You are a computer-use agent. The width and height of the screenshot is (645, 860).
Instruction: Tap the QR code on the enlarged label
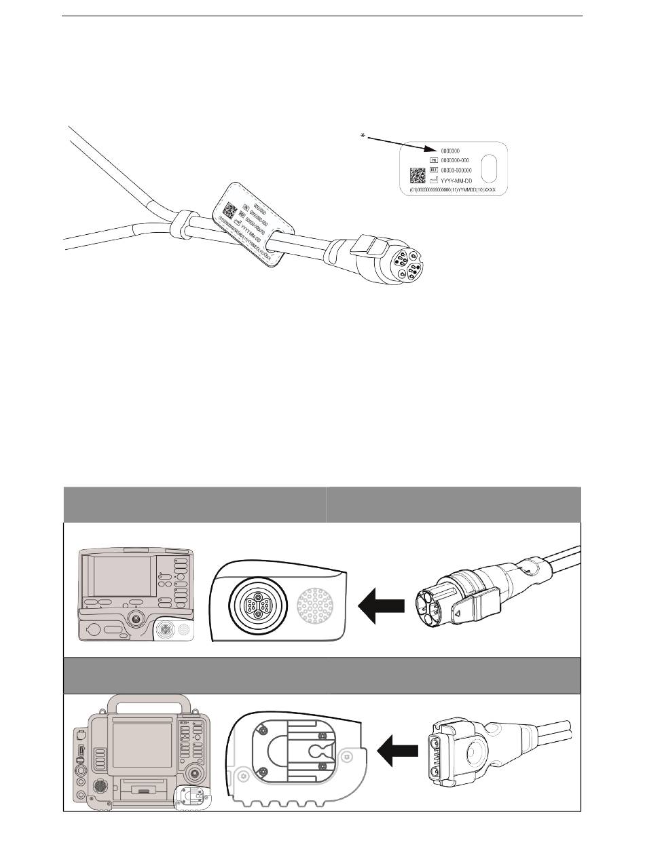(x=417, y=176)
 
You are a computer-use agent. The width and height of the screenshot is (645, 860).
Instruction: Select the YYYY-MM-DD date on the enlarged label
(x=461, y=181)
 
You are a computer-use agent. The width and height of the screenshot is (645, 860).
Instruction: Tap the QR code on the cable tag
(x=230, y=210)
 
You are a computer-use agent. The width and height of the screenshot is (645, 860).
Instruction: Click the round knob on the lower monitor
(x=198, y=773)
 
